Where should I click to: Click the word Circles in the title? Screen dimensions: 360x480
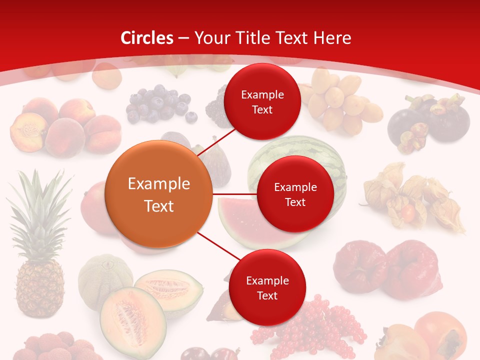[147, 38]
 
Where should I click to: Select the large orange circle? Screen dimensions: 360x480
[159, 194]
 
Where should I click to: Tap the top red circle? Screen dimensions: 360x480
[262, 101]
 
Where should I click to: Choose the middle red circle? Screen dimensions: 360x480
[295, 194]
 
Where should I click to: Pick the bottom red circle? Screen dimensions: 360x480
[267, 287]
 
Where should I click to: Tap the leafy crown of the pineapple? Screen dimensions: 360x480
[40, 210]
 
